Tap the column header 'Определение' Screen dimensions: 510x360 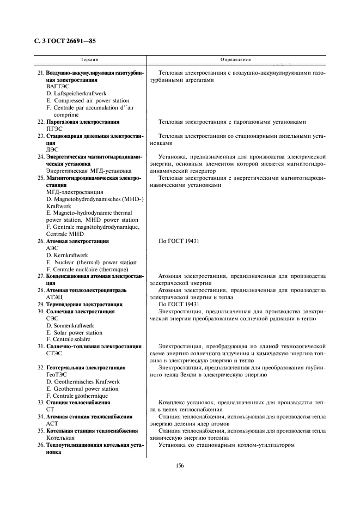tap(236, 59)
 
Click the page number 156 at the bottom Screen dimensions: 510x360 tap(179, 465)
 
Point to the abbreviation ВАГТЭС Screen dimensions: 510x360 tap(58, 87)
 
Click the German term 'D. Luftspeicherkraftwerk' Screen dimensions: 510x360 tap(76, 94)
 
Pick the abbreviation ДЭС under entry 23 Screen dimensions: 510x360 tap(52, 149)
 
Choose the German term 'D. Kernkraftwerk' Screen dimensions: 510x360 tap(68, 254)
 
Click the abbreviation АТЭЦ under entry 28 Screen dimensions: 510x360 tap(54, 297)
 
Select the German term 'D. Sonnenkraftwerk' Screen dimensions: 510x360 tap(70, 325)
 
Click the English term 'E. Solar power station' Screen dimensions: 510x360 tap(74, 332)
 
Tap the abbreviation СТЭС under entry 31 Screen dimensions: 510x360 tap(54, 353)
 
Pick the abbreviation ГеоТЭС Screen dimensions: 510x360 tap(57, 375)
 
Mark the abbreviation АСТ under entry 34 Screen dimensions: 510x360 tap(52, 423)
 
